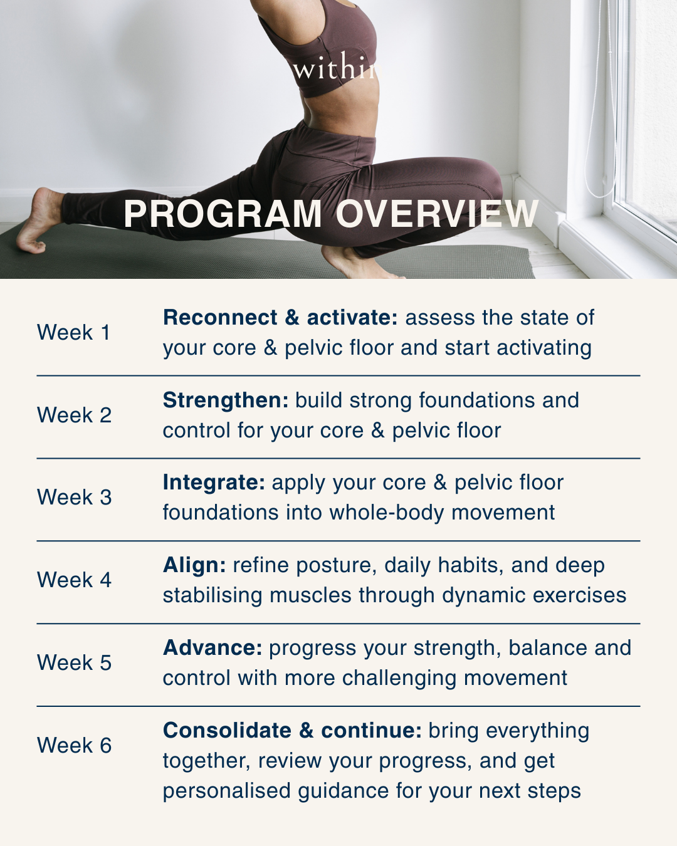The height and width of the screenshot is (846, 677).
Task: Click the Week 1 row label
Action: pos(73,332)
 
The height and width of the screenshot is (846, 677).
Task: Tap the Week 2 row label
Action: pos(74,415)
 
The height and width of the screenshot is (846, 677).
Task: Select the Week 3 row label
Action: pos(74,497)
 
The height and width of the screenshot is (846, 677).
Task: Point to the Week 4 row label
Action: pos(74,580)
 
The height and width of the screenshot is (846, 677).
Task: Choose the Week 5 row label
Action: pos(74,662)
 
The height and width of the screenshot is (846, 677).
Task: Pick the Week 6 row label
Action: pos(74,745)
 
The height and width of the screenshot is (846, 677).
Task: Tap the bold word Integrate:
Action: pos(214,483)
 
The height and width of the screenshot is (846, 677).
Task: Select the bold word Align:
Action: pos(194,565)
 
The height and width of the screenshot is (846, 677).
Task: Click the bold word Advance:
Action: pos(213,648)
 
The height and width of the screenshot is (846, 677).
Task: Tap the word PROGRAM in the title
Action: pos(223,214)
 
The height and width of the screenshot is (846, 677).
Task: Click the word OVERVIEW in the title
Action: pos(437,214)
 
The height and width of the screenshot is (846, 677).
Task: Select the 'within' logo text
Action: pos(336,68)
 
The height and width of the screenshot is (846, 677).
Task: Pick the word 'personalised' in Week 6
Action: pos(227,791)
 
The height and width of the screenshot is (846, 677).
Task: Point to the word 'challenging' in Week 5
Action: pos(399,678)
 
